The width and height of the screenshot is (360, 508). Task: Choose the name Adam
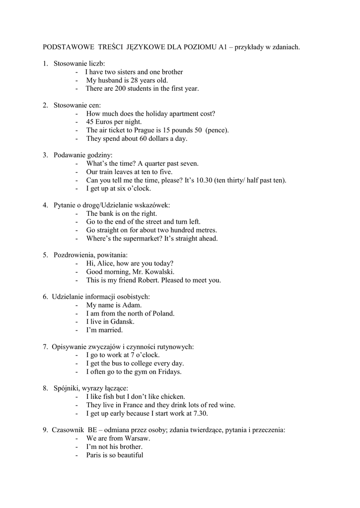tap(132, 305)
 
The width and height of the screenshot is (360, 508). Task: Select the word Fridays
tap(169, 372)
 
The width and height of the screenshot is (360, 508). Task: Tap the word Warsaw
tap(136, 439)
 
